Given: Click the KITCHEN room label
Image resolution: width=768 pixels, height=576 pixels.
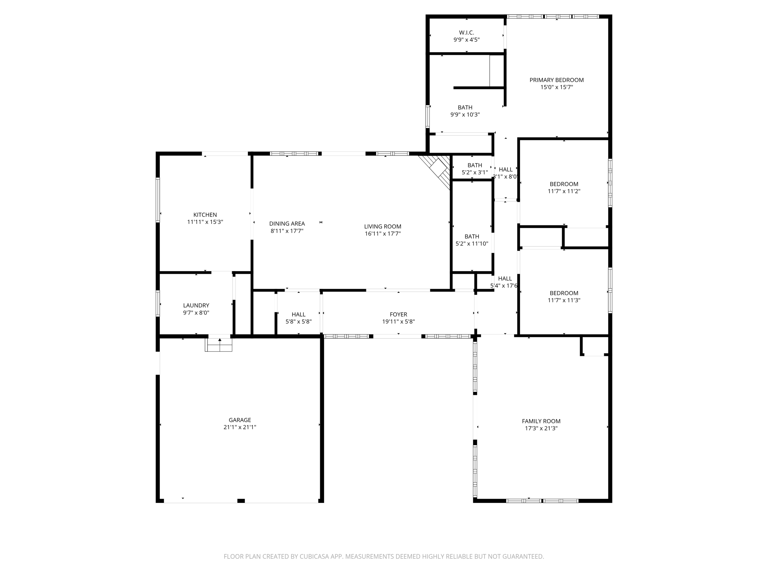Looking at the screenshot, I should (x=205, y=215).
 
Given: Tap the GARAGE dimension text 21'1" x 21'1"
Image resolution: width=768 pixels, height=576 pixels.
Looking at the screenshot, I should (x=240, y=427).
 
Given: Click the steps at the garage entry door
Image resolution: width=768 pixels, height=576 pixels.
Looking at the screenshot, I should (x=219, y=345).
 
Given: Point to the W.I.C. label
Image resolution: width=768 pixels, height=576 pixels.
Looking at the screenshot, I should (x=466, y=33).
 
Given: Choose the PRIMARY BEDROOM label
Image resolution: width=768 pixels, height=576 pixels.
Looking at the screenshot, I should (x=556, y=80).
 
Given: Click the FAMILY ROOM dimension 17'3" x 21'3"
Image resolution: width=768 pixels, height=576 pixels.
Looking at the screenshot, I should (x=541, y=428).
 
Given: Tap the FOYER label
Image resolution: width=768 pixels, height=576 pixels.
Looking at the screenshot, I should (x=398, y=315).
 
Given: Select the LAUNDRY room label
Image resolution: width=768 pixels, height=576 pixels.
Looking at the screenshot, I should (x=196, y=306).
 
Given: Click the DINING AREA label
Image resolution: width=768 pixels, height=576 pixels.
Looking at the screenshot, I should (x=287, y=224).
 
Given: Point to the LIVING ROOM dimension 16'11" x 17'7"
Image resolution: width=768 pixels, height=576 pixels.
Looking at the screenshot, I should (x=382, y=234).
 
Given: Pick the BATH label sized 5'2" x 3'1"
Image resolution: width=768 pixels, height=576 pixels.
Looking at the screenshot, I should (x=475, y=165).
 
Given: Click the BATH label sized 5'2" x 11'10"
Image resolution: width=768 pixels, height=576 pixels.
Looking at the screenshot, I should (x=472, y=237).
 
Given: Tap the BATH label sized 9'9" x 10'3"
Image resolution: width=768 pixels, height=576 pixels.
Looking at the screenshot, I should (x=465, y=108).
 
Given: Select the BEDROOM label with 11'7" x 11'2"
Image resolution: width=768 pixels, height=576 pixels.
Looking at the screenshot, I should (x=564, y=184).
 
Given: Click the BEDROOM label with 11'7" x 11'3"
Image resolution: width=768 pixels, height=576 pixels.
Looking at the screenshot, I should (x=564, y=293).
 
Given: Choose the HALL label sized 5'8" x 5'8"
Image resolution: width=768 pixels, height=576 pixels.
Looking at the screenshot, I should (x=298, y=315).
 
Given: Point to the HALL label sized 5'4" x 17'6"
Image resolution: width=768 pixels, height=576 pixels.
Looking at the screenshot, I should (x=505, y=279).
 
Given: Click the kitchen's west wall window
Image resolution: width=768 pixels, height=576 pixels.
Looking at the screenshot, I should (x=158, y=200).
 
